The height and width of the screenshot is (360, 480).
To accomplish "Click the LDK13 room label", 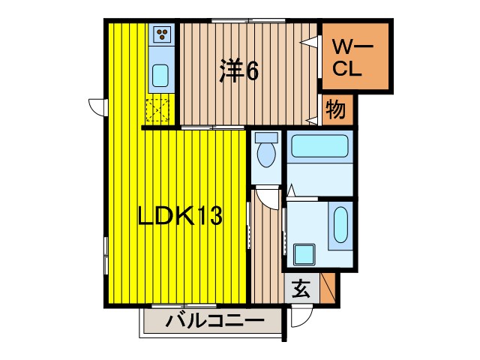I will [178, 217].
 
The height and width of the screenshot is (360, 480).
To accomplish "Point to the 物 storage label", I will [335, 110].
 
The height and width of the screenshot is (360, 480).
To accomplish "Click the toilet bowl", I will [265, 156].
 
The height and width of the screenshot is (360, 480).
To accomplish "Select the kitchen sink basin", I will [160, 76].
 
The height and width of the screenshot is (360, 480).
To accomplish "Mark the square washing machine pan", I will [304, 254].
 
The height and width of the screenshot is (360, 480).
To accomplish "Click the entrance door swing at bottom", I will [296, 315].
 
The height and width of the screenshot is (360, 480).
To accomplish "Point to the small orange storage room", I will [336, 110].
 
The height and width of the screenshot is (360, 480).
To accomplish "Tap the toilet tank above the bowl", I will [265, 138].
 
